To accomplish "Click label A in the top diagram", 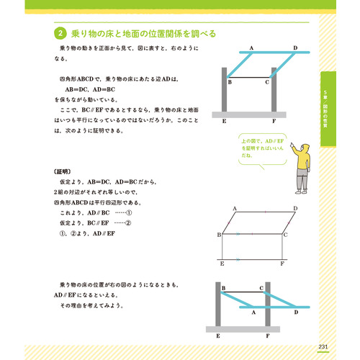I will click(x=251, y=48).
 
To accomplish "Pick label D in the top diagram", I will click(x=295, y=48).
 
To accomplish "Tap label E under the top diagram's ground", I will click(x=225, y=122).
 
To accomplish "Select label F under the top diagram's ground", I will click(x=273, y=122).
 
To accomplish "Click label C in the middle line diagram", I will click(x=285, y=235).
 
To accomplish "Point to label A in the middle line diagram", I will click(x=235, y=205).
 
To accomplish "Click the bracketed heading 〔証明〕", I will click(x=64, y=173).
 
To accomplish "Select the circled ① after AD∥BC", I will click(x=130, y=214).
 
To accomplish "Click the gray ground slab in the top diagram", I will click(x=249, y=114).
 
